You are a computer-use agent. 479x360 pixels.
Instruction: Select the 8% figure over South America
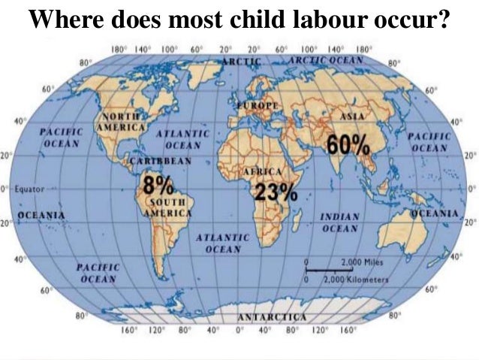tap(159, 185)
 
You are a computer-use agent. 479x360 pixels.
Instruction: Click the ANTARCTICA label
tap(271, 316)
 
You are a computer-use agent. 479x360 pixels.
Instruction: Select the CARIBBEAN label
tap(161, 161)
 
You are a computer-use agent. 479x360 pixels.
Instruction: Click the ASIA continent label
tap(352, 117)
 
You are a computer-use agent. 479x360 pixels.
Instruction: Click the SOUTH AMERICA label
tap(167, 207)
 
